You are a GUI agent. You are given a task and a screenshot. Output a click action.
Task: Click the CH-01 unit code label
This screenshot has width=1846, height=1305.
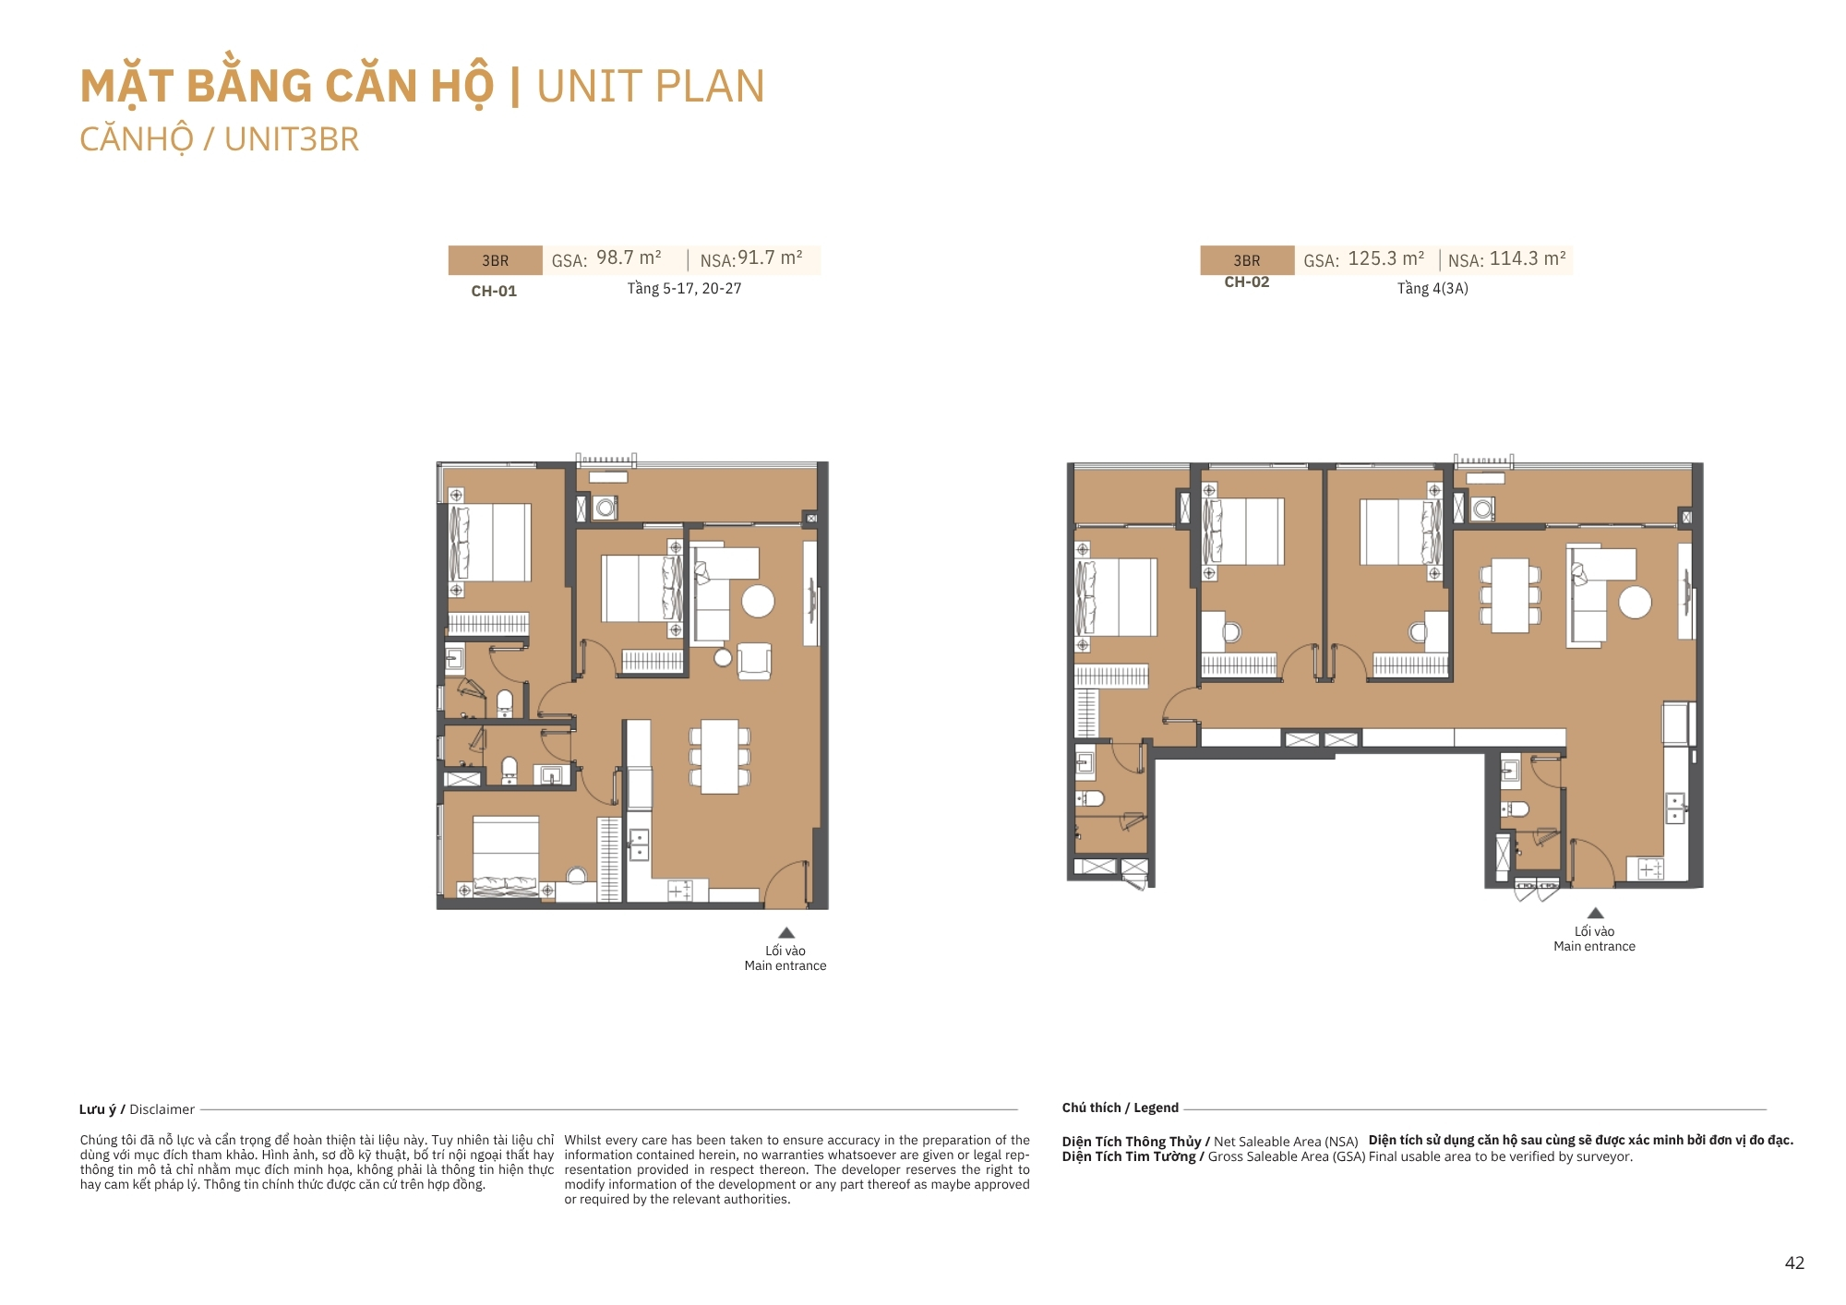click(494, 291)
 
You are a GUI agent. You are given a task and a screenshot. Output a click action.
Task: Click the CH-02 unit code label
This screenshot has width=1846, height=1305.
click(1247, 282)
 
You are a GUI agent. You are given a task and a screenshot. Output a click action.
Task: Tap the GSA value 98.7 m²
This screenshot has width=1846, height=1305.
click(629, 257)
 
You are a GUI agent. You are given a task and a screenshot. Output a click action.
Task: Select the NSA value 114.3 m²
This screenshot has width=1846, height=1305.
click(1528, 258)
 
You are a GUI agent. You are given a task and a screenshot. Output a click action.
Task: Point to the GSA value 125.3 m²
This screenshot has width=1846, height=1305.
click(1385, 258)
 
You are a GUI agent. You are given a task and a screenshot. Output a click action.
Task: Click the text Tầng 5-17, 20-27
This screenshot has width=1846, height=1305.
click(684, 288)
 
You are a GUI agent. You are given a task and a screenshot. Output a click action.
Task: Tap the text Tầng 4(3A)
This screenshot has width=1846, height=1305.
click(1432, 288)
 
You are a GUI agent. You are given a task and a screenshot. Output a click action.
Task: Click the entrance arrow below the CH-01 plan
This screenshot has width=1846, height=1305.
click(786, 932)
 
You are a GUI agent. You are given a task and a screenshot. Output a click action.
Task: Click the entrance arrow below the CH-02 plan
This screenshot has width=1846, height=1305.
click(1595, 913)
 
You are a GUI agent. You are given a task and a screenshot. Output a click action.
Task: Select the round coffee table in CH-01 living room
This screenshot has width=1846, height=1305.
click(758, 602)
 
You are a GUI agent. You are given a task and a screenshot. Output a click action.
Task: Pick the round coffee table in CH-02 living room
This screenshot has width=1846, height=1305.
click(1635, 603)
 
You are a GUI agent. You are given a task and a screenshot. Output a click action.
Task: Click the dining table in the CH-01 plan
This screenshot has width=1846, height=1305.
click(719, 757)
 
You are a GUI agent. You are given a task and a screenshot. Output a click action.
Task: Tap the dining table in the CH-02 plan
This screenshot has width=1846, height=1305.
click(1510, 595)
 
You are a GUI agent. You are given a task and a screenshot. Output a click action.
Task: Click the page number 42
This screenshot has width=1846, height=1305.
click(1794, 1263)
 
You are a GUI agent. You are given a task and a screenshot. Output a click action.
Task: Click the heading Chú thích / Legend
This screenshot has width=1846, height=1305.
click(1120, 1107)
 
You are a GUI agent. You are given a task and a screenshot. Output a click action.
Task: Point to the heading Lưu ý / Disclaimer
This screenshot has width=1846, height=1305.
click(137, 1109)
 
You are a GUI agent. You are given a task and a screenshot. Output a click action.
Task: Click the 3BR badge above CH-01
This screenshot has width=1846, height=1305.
click(496, 260)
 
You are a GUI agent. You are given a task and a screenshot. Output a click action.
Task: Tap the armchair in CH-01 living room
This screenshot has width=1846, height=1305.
click(754, 661)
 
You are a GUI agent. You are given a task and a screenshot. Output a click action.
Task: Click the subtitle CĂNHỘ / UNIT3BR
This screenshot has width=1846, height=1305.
click(219, 140)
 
